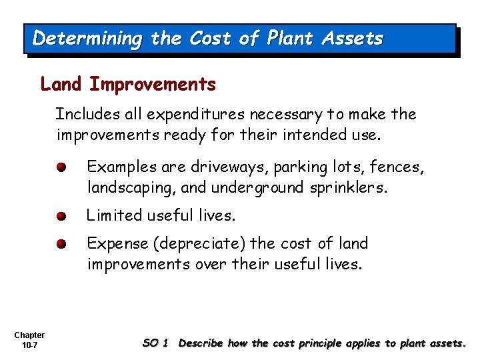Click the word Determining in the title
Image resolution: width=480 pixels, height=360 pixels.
click(x=87, y=39)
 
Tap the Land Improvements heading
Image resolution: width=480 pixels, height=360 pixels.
click(x=128, y=85)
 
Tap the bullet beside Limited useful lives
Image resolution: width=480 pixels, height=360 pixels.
click(x=61, y=216)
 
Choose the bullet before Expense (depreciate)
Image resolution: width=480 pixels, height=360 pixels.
click(x=61, y=245)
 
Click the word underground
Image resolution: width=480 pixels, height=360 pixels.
click(x=256, y=188)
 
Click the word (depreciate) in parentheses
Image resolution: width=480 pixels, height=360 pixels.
click(x=194, y=244)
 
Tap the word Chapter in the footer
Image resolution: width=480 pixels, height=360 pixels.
click(x=29, y=335)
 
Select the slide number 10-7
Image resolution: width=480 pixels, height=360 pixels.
click(x=29, y=345)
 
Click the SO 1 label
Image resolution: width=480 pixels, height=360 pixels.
click(x=155, y=343)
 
